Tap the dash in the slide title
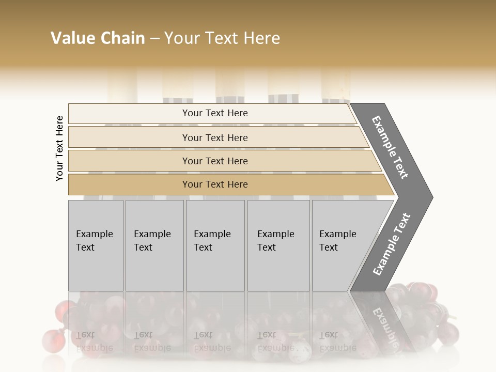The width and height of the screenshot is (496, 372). tap(154, 39)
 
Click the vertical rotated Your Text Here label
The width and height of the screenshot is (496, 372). tap(59, 148)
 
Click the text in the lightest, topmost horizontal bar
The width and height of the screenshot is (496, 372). tap(215, 113)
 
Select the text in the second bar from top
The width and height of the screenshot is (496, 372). tap(215, 138)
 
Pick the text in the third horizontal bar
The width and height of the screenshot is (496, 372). tap(215, 161)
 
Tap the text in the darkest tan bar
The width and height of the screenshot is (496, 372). tap(215, 184)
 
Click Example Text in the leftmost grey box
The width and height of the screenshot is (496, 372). tap(94, 241)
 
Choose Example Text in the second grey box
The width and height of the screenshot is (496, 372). tap(152, 241)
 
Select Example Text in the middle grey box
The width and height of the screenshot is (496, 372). tap(212, 241)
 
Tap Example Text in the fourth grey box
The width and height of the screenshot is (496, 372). tap(275, 241)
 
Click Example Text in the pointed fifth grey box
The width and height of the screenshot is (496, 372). tap(337, 241)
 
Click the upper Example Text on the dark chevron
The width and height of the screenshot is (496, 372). tap(390, 147)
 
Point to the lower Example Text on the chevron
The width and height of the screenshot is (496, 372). tap(392, 244)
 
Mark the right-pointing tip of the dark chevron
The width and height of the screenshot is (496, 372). tap(431, 197)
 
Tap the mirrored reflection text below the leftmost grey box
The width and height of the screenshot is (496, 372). tap(94, 341)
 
